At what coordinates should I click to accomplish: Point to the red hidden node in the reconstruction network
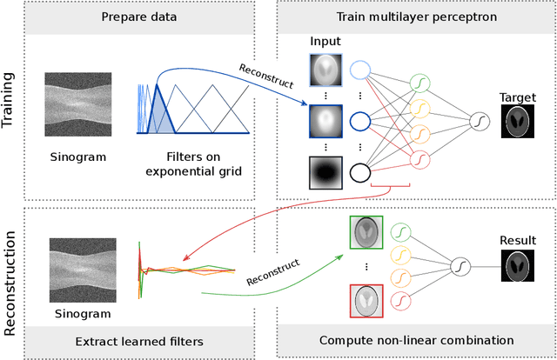[400, 300]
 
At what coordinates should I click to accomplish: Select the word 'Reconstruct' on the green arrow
[272, 270]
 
